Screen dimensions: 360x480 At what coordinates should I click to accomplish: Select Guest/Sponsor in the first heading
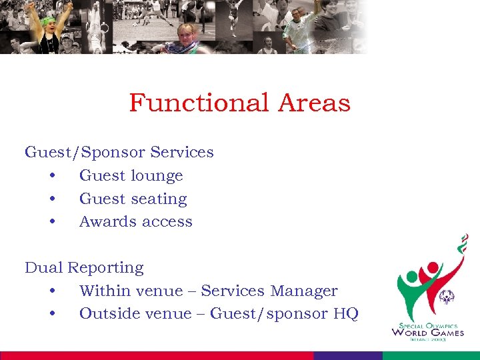(85, 153)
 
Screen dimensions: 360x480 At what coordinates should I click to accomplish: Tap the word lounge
(152, 177)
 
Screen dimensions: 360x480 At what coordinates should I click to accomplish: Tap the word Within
(104, 291)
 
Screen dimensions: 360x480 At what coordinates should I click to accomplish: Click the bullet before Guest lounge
(51, 177)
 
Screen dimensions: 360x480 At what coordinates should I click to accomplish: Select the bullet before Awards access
(51, 222)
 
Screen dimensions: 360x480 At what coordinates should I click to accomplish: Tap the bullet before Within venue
(51, 291)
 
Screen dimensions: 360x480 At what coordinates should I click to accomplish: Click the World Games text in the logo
(427, 332)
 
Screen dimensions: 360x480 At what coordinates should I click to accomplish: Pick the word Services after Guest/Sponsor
(182, 153)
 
